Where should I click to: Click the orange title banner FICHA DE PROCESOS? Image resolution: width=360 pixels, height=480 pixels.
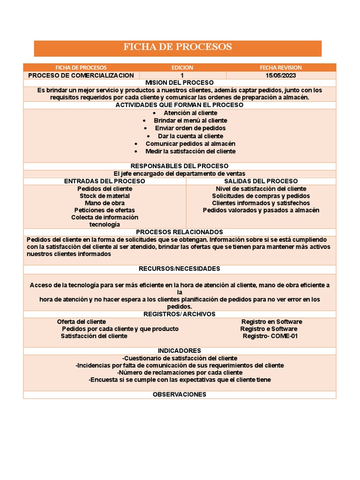pos(178,47)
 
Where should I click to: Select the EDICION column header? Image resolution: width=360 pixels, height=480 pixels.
pos(182,67)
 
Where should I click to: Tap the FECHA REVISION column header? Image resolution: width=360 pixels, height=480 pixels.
pos(281,67)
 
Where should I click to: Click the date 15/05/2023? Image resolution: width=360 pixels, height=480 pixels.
pos(281,75)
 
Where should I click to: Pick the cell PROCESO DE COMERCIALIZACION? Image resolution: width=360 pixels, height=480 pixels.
pos(81,75)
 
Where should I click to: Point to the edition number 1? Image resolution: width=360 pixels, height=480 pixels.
pos(182,75)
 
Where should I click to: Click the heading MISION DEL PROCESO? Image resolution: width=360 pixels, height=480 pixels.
pos(180,82)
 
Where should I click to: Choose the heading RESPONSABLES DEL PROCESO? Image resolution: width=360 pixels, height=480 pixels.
pos(180,166)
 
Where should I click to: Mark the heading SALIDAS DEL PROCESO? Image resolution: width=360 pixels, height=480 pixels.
pos(261,181)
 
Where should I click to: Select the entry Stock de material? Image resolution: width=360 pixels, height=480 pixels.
pos(105,196)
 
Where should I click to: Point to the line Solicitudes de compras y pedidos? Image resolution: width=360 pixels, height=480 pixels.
pos(261,196)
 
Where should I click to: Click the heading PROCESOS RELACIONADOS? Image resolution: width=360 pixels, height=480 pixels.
pos(180,232)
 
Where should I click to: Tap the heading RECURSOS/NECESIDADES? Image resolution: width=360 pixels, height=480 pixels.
pos(180,269)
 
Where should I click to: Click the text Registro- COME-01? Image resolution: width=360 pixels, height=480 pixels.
pos(270,336)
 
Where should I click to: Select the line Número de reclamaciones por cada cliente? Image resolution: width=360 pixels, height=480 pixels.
pos(180,373)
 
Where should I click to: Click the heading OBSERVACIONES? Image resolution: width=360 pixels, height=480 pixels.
pos(180,395)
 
